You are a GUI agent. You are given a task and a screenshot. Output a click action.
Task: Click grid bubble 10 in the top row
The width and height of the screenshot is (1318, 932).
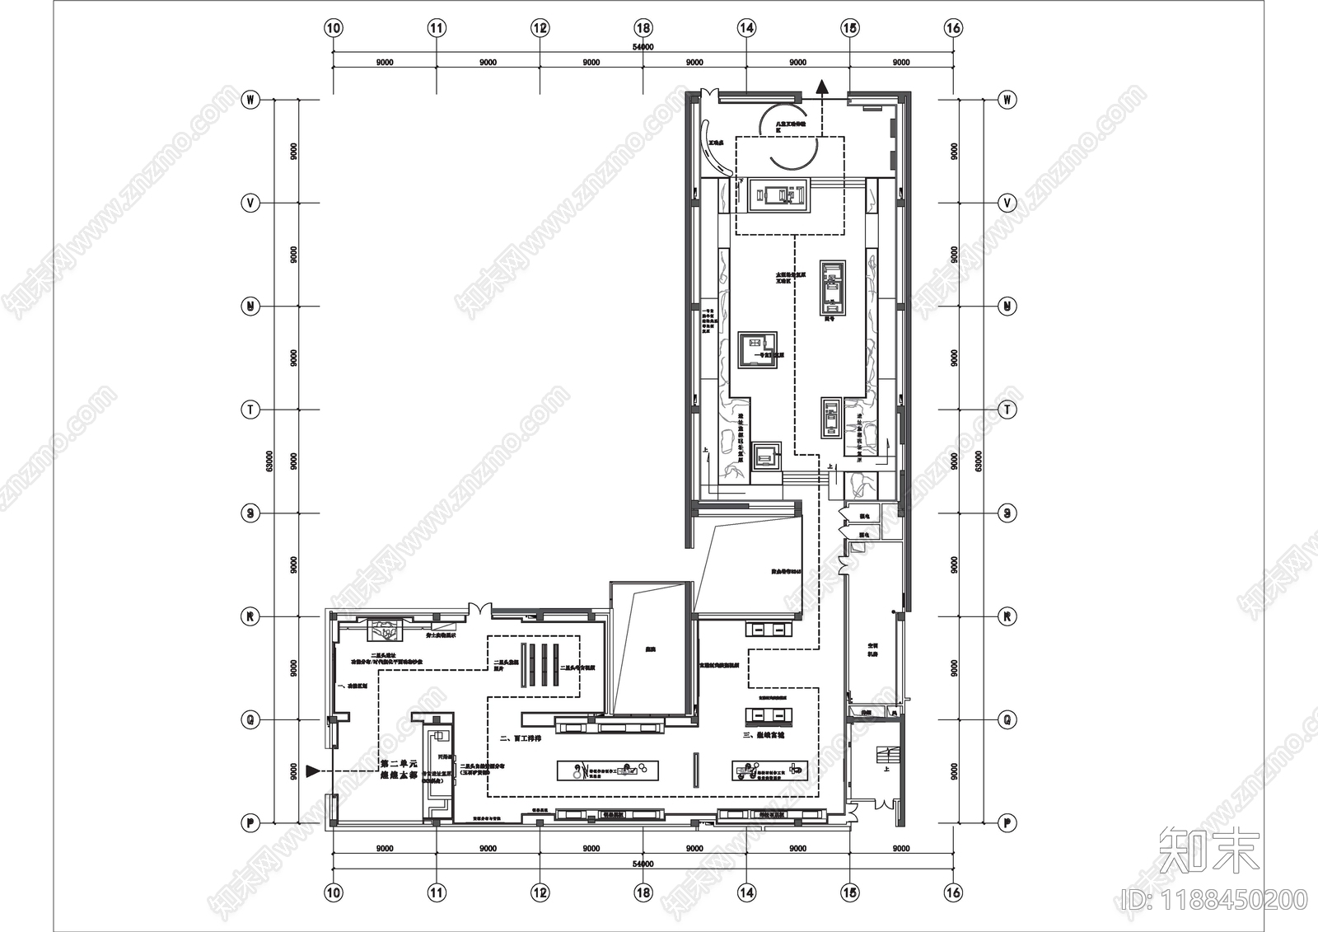(333, 28)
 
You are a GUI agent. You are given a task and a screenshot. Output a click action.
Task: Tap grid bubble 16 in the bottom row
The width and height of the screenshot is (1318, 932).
(953, 892)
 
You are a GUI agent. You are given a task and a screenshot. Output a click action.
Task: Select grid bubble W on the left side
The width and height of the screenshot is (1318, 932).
(250, 100)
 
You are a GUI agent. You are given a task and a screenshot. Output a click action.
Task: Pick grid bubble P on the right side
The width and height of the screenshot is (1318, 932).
(1006, 822)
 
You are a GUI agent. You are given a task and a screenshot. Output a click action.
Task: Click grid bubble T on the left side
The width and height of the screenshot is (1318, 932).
(250, 410)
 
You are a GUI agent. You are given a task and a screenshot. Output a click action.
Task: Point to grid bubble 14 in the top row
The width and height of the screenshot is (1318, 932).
(746, 28)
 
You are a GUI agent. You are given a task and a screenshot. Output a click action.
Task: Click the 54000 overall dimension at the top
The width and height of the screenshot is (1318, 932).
(643, 48)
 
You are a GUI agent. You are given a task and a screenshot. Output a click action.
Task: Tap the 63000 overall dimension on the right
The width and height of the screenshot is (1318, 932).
(979, 461)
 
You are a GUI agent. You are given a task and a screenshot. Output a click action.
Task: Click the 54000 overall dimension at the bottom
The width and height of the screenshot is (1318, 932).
(643, 864)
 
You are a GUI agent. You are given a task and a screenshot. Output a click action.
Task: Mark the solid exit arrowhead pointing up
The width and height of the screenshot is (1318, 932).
(821, 86)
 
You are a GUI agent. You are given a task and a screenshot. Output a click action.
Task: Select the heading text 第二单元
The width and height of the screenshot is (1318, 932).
(400, 764)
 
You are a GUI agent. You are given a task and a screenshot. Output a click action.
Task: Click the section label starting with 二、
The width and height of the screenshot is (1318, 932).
(521, 738)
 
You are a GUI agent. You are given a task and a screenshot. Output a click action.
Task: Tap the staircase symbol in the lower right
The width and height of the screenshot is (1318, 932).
(887, 755)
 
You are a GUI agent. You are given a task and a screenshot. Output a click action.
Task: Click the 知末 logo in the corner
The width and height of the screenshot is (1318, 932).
(1209, 851)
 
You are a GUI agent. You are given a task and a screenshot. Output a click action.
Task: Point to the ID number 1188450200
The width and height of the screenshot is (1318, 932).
(1214, 900)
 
